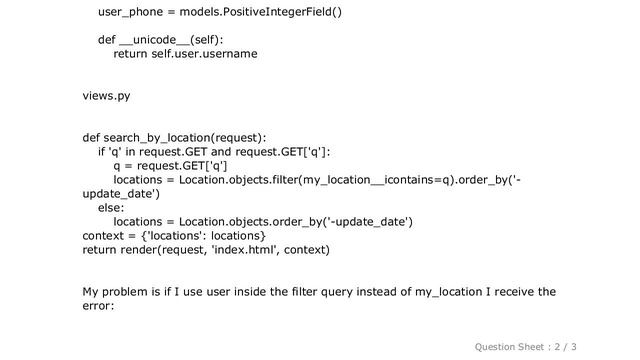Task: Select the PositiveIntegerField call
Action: click(276, 13)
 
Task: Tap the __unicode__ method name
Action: click(152, 40)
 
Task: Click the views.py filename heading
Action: click(106, 96)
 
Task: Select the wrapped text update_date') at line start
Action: click(120, 194)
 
